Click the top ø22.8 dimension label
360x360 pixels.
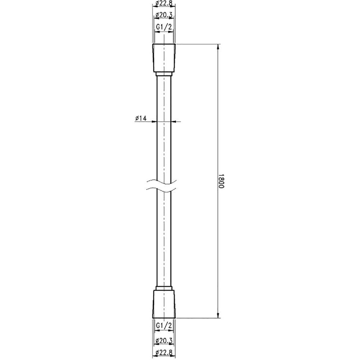pos(164,4)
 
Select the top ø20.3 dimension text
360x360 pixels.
pos(164,15)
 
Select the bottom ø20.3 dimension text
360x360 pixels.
pos(164,347)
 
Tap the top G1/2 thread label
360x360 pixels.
pos(164,27)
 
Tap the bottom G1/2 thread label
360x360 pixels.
pos(164,325)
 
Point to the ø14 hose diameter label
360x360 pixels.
pos(141,118)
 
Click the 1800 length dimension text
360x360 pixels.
pos(221,181)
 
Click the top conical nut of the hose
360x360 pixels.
pos(164,58)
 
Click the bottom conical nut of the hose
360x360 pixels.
pos(164,304)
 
